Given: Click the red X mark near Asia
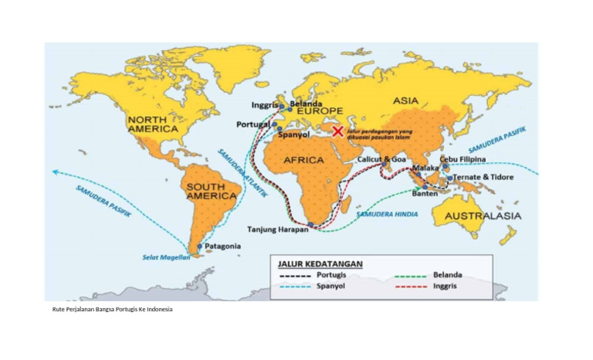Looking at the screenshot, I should click(x=337, y=131).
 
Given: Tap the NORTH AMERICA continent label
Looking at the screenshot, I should click(x=152, y=124).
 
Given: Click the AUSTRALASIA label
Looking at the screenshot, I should click(x=484, y=216).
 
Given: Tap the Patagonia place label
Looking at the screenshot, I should click(x=222, y=246).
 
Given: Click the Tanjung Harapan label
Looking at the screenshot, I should click(x=277, y=229).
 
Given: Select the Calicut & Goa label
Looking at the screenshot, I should click(x=381, y=158).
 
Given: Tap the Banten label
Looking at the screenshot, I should click(x=425, y=194).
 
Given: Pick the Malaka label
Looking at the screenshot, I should click(x=425, y=168).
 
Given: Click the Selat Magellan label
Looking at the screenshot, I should click(x=166, y=257).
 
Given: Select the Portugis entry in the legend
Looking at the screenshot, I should click(x=337, y=274).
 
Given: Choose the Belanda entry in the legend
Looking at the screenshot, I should click(x=447, y=274).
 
